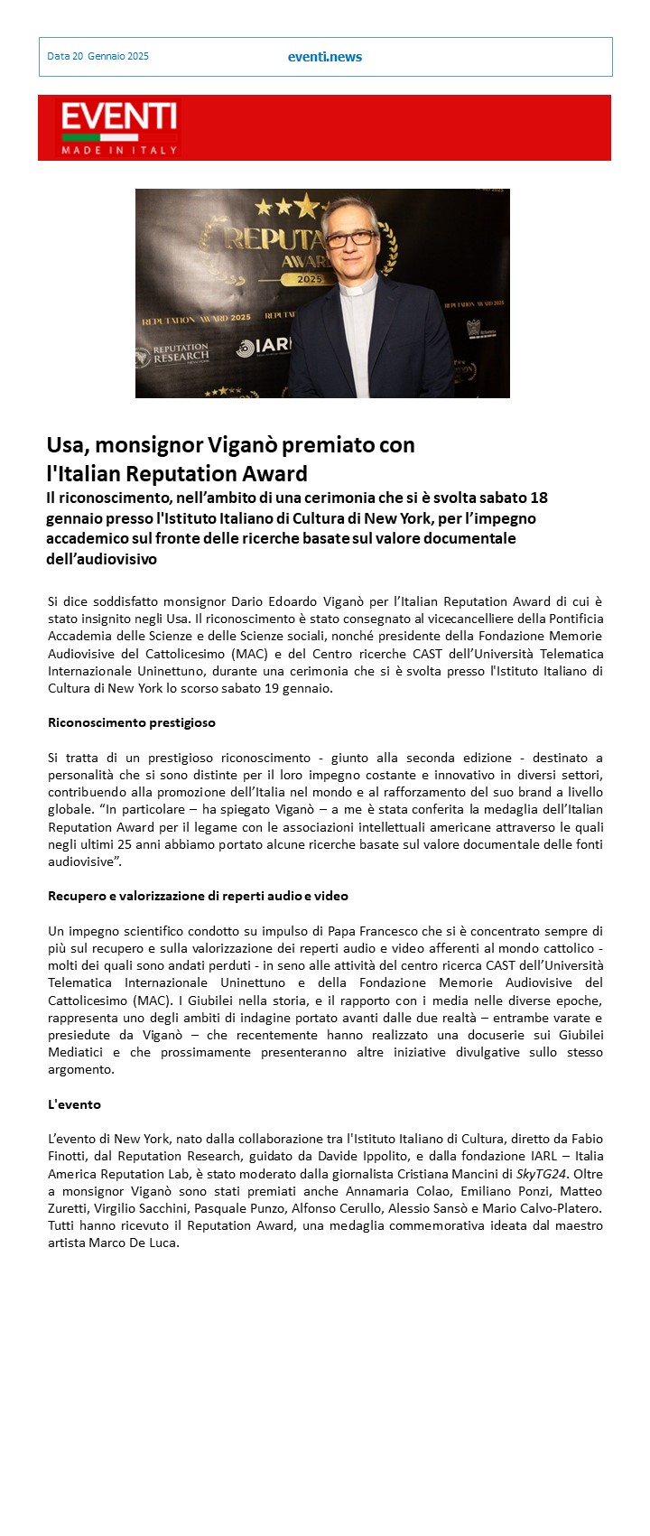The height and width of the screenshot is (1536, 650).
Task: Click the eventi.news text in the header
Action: pos(324,57)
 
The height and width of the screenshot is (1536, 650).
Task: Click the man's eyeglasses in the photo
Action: pos(347,239)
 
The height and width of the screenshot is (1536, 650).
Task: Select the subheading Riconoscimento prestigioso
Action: pos(131,722)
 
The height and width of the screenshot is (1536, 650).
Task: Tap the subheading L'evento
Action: pos(74,1104)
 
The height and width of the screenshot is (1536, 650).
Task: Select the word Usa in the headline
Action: pos(67,445)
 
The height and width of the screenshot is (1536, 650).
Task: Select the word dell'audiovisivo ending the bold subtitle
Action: pos(101,559)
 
